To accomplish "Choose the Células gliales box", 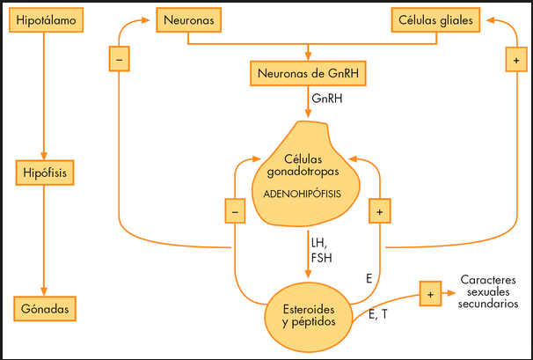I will click(x=433, y=18).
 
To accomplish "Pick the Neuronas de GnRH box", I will click(x=307, y=73).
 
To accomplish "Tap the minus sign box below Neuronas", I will click(x=119, y=60).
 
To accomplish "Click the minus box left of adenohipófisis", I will click(x=234, y=211).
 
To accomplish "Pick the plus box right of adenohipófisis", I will click(x=381, y=211).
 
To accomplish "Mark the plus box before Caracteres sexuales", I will click(x=430, y=293).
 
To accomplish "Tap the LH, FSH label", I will click(x=321, y=249).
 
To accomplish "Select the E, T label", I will click(x=379, y=314).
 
